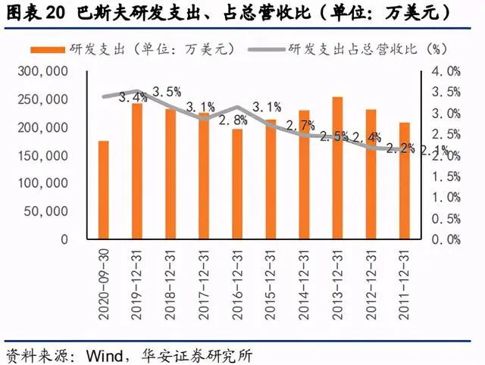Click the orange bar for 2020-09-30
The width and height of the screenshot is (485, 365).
[x=104, y=189]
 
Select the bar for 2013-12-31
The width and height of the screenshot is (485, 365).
[x=337, y=167]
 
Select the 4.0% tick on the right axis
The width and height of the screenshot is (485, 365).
[x=445, y=71]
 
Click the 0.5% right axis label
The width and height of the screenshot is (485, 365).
[x=445, y=218]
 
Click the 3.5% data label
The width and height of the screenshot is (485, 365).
[x=167, y=92]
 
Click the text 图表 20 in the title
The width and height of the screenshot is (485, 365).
[x=36, y=13]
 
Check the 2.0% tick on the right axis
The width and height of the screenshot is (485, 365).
[x=445, y=155]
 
